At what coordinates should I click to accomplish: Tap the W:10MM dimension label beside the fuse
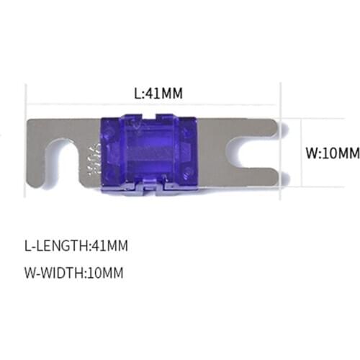332,153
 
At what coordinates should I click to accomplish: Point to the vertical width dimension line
290,153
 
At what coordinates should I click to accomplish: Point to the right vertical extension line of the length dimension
279,108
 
